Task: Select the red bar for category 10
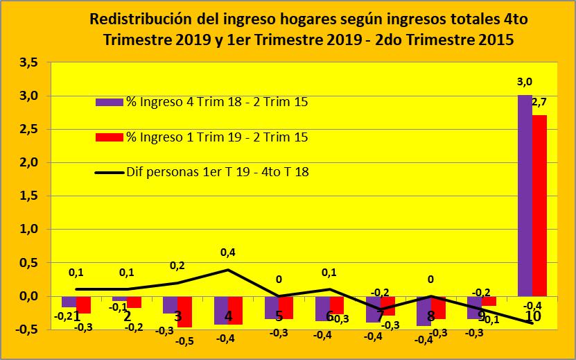pos(540,205)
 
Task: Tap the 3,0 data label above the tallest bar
pos(525,83)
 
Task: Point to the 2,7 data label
pos(539,103)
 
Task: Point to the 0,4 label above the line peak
pos(227,253)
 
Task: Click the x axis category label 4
pos(228,316)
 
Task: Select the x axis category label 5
pos(279,316)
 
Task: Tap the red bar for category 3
pos(185,311)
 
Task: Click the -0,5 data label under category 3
pos(184,341)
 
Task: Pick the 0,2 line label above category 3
pos(177,266)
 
